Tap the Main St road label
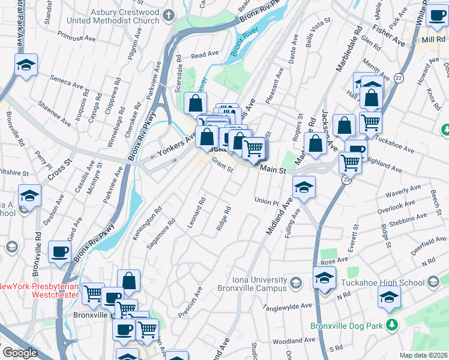tap(273, 170)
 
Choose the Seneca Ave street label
tap(67, 82)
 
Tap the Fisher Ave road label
tap(388, 35)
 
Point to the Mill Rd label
tap(433, 39)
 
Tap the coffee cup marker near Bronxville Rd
tap(59, 251)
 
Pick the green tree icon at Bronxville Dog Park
tap(393, 325)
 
